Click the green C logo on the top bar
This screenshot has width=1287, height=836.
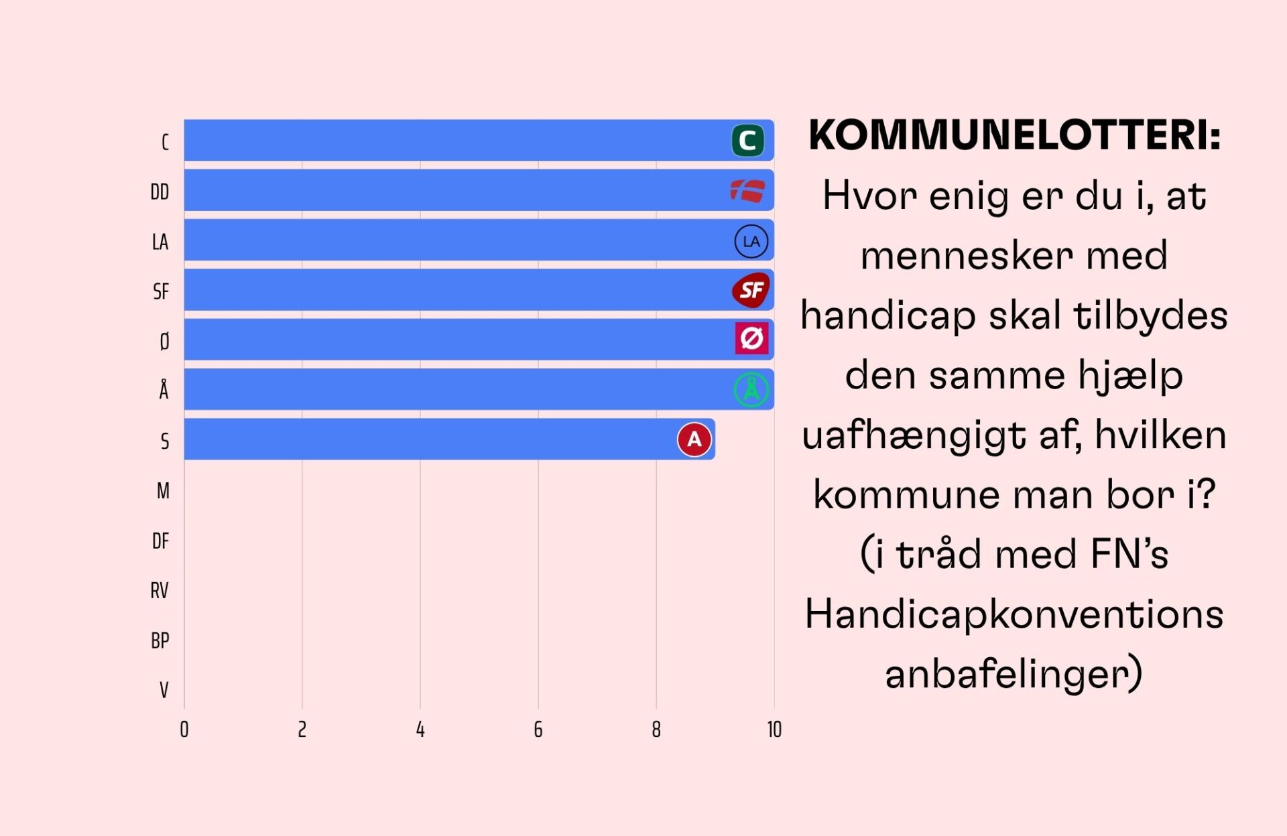tap(747, 141)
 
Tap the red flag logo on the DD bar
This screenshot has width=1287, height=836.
tap(747, 191)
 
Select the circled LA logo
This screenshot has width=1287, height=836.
tap(751, 241)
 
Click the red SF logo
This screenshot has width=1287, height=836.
tap(751, 290)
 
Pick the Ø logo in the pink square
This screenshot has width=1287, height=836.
tap(751, 338)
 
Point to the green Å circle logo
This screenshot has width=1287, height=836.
tap(751, 389)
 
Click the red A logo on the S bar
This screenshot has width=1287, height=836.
tap(694, 439)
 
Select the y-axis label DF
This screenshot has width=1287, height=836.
tap(160, 541)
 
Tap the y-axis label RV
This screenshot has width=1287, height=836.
tap(160, 591)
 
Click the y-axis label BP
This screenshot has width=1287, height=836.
tap(160, 641)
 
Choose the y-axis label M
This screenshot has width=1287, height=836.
tap(163, 491)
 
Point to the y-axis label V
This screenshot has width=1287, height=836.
tap(164, 690)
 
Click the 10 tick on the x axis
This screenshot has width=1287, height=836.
tap(774, 729)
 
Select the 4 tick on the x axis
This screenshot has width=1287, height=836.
tap(420, 729)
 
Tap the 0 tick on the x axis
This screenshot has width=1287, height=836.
tap(184, 729)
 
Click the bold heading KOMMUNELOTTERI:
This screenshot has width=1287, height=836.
tap(1014, 135)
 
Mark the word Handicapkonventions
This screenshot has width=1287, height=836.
tap(1014, 614)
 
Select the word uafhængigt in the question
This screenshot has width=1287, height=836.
tap(913, 435)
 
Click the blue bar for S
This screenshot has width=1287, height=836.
tap(429, 439)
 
